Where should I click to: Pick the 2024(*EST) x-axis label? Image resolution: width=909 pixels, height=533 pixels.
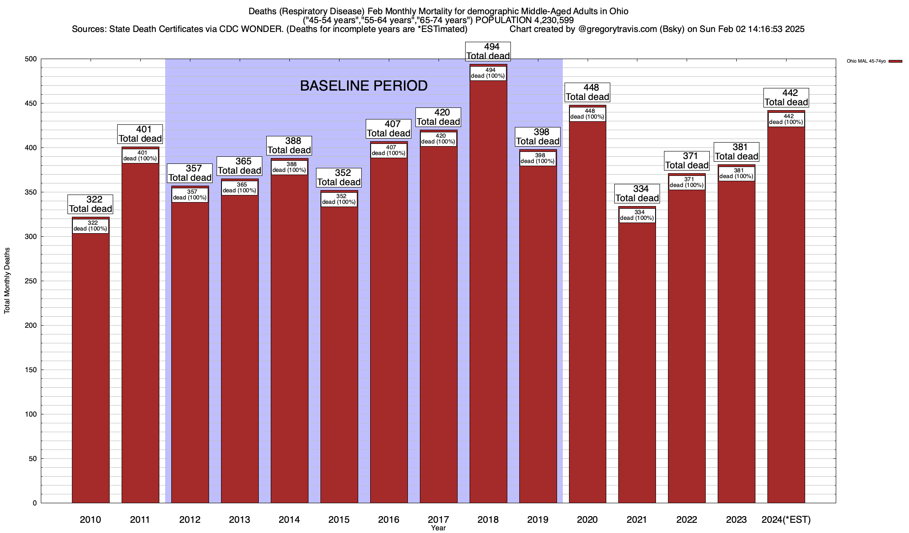tap(786, 519)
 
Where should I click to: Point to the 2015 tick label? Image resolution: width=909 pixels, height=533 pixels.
tap(339, 519)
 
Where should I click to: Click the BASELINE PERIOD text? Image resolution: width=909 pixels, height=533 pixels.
tap(364, 86)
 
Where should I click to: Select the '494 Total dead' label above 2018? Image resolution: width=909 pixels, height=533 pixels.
tap(488, 52)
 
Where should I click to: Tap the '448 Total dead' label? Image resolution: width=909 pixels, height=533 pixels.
tap(587, 92)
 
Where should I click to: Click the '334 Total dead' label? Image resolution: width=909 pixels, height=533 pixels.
tap(637, 194)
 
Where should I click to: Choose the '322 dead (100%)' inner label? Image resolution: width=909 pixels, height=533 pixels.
tap(91, 226)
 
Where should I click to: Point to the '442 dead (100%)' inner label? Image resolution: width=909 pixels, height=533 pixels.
tap(786, 119)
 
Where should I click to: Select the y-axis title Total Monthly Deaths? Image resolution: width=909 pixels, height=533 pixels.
tap(7, 281)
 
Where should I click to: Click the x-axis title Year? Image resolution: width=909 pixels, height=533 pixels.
tap(438, 528)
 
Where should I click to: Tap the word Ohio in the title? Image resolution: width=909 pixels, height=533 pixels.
tap(618, 11)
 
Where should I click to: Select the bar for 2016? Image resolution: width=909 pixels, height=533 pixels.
tap(389, 333)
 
